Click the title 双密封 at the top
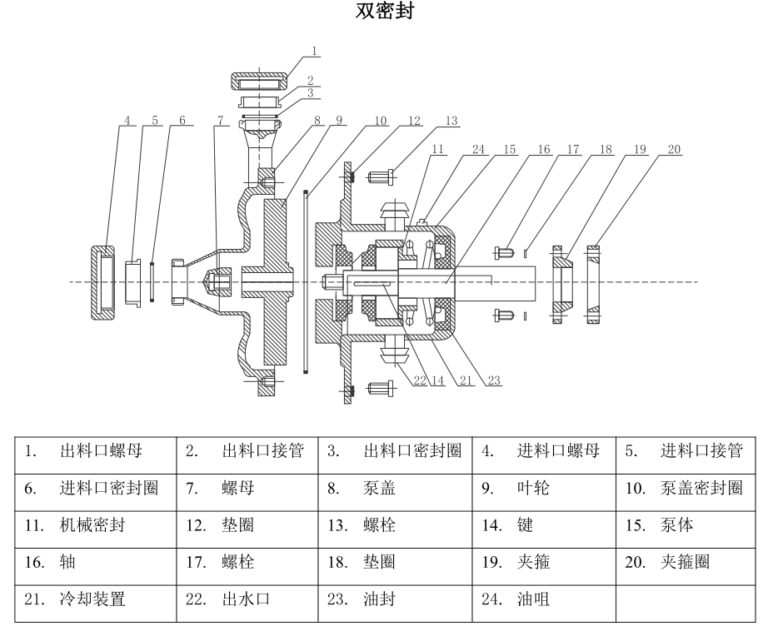click(384, 12)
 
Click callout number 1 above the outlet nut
click(314, 51)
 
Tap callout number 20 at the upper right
click(673, 149)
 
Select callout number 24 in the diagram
click(477, 151)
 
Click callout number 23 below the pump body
click(494, 380)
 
